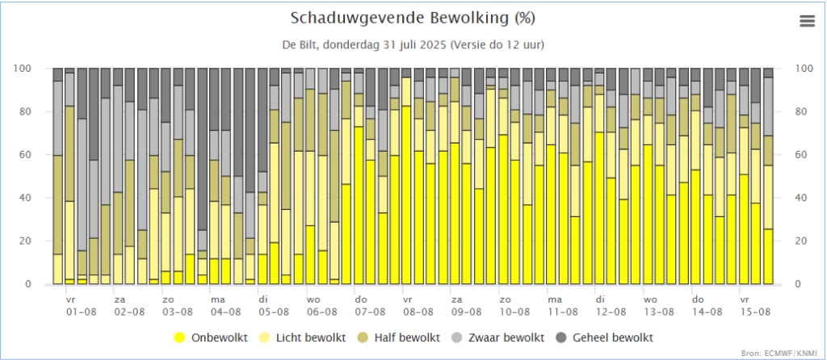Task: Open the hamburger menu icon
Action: (x=807, y=22)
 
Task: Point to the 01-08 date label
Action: (x=82, y=311)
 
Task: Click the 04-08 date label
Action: (x=226, y=311)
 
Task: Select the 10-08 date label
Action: (x=514, y=311)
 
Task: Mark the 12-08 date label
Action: (x=611, y=311)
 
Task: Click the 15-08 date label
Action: (x=754, y=311)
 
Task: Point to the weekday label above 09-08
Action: (x=456, y=299)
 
